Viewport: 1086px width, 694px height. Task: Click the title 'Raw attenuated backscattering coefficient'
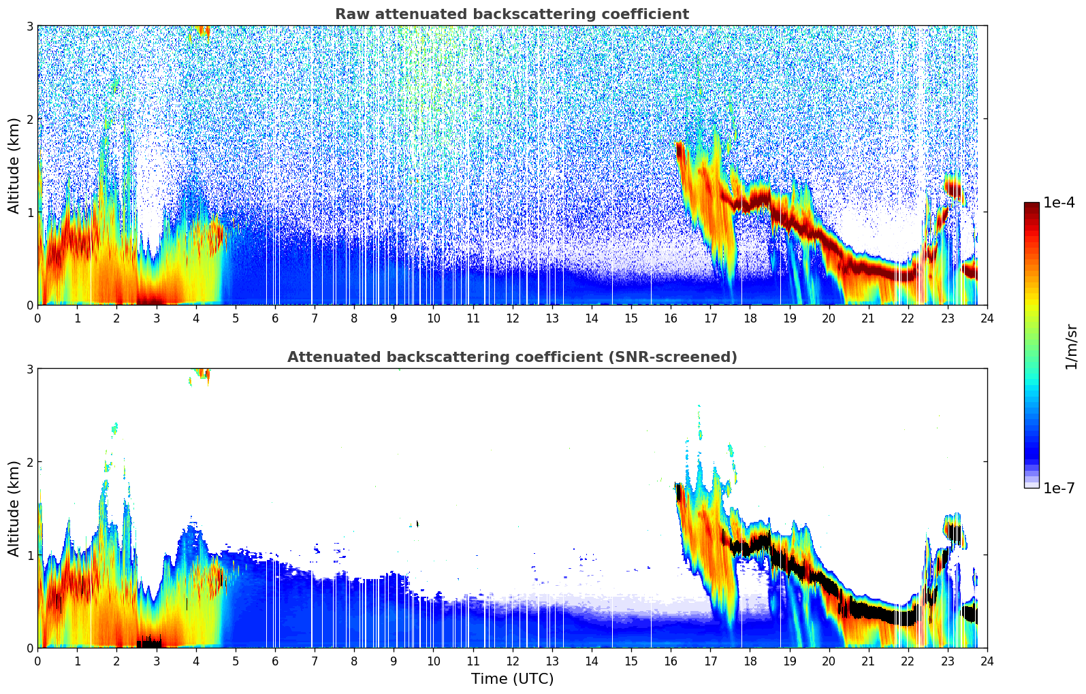pyautogui.click(x=511, y=14)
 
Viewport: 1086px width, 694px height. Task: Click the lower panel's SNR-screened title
pyautogui.click(x=511, y=357)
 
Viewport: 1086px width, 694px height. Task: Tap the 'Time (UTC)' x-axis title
pyautogui.click(x=512, y=679)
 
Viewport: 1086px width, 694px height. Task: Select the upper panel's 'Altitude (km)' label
pyautogui.click(x=14, y=165)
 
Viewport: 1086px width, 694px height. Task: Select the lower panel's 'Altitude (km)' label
pyautogui.click(x=14, y=508)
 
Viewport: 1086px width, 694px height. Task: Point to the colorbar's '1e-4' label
pyautogui.click(x=1059, y=203)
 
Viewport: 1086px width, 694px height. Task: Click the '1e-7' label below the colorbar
pyautogui.click(x=1059, y=488)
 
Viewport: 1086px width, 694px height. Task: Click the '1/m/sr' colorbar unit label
pyautogui.click(x=1071, y=346)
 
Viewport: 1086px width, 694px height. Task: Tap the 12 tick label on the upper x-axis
pyautogui.click(x=512, y=318)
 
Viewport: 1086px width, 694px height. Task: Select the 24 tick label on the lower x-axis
pyautogui.click(x=987, y=661)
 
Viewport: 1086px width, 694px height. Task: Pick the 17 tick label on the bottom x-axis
pyautogui.click(x=710, y=661)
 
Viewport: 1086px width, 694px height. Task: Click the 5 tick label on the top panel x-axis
pyautogui.click(x=236, y=318)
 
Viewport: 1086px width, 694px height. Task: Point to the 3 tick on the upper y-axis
pyautogui.click(x=29, y=26)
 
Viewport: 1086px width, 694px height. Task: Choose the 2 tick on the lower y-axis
pyautogui.click(x=29, y=462)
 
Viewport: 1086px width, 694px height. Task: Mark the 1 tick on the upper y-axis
pyautogui.click(x=29, y=212)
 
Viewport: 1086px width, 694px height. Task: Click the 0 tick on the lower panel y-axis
pyautogui.click(x=29, y=648)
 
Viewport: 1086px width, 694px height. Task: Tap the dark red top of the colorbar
pyautogui.click(x=1031, y=205)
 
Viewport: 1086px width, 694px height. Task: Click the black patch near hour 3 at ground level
pyautogui.click(x=149, y=643)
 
